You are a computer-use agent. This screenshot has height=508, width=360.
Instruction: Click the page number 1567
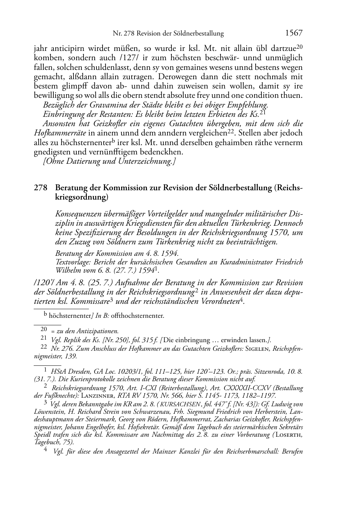[294, 33]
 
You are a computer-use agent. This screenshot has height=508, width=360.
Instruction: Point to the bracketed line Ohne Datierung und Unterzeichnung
[109, 161]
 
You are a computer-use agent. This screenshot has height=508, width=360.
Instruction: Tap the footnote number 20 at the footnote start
[44, 328]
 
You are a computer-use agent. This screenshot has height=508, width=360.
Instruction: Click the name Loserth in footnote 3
[290, 435]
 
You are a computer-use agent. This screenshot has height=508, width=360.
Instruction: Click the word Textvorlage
[72, 262]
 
